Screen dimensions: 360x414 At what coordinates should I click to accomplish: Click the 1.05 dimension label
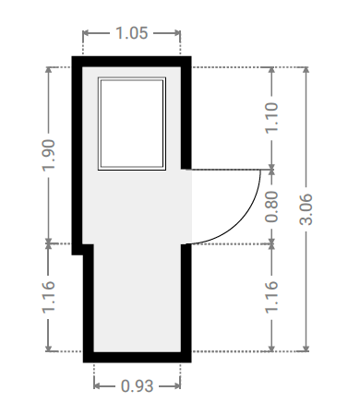click(132, 33)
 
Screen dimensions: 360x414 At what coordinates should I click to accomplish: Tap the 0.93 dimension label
click(137, 386)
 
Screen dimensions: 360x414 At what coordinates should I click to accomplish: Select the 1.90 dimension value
click(49, 155)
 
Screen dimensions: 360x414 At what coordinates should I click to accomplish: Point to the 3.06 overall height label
click(306, 209)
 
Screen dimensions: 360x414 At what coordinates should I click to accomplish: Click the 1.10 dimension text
click(271, 118)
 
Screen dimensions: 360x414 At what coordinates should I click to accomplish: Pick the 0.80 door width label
click(271, 207)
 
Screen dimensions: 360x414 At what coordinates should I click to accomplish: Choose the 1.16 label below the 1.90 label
click(49, 297)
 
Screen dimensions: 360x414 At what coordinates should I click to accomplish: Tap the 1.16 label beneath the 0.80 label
click(271, 297)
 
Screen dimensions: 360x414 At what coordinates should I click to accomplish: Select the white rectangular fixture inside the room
click(132, 124)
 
